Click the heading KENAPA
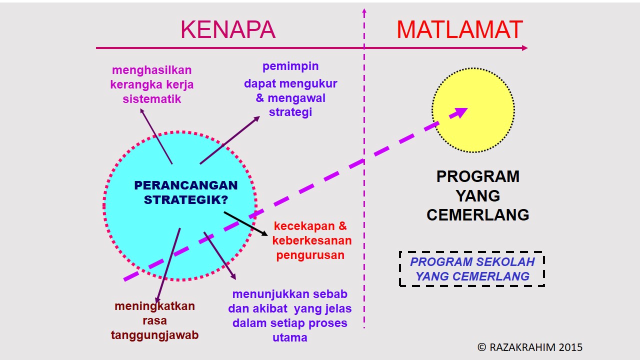coord(228,30)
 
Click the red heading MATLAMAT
coord(459,30)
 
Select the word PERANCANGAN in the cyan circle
coord(186,185)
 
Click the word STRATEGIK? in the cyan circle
coord(186,199)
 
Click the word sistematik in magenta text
coord(152,99)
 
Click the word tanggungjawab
coord(154,335)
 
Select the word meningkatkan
coord(154,306)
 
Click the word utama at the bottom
coord(290,337)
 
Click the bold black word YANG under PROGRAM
coord(478,195)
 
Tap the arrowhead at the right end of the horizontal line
coord(524,48)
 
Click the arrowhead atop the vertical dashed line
coord(364,11)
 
